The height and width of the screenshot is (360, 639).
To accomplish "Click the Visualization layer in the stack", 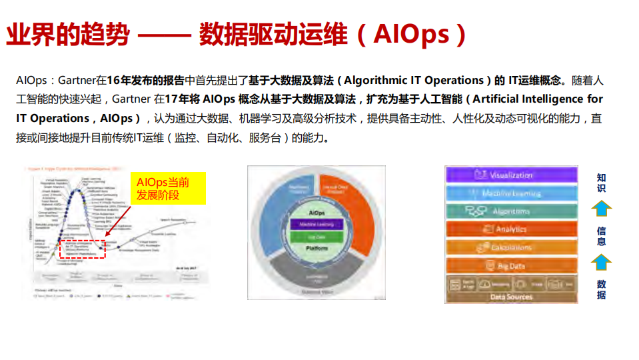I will (511, 175).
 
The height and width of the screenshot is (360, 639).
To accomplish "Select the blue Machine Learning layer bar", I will (511, 193).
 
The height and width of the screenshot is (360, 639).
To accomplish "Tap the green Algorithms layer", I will (511, 211).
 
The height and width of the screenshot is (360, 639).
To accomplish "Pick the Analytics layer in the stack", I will (511, 229).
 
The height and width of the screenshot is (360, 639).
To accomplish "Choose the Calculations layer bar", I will (511, 247).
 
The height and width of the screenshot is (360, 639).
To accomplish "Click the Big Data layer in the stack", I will (511, 266).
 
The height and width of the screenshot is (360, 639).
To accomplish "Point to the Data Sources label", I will (511, 297).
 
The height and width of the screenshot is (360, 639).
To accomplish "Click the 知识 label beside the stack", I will (601, 183).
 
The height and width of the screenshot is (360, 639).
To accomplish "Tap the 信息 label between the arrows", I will (601, 236).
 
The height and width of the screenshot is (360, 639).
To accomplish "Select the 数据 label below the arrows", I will (601, 289).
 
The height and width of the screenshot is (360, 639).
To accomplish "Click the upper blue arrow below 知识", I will (601, 209).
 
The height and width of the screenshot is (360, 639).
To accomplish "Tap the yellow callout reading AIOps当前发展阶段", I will (169, 189).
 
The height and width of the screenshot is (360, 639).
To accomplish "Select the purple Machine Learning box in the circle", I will (317, 224).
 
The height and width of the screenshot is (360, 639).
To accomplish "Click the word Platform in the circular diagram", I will (317, 247).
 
